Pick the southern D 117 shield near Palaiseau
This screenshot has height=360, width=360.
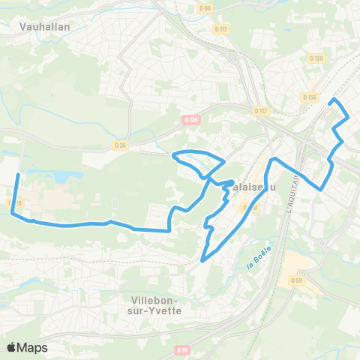click(260, 111)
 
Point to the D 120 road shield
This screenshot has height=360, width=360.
click(316, 58)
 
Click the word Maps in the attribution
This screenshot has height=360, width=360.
click(32, 347)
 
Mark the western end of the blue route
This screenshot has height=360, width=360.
click(17, 175)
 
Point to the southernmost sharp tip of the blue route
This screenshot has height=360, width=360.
click(202, 261)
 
